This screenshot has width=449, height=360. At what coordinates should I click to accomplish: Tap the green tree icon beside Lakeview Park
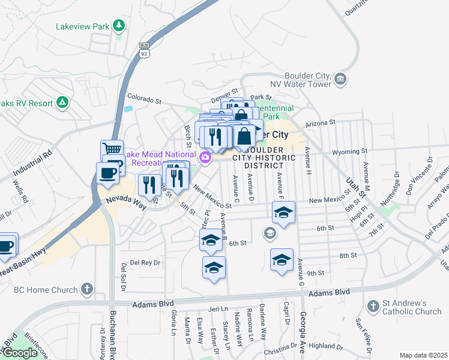coord(119,25)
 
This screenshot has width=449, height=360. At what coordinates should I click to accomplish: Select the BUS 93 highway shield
coord(144,50)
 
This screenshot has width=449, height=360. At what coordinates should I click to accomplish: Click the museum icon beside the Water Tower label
coord(340,79)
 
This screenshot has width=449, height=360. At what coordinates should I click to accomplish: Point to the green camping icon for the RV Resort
coord(62,103)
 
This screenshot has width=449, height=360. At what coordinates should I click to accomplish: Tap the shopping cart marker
coord(111,149)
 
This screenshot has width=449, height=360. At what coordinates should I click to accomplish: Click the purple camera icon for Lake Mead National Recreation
coord(206,158)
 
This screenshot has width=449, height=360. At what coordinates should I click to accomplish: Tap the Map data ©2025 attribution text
coord(423,355)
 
